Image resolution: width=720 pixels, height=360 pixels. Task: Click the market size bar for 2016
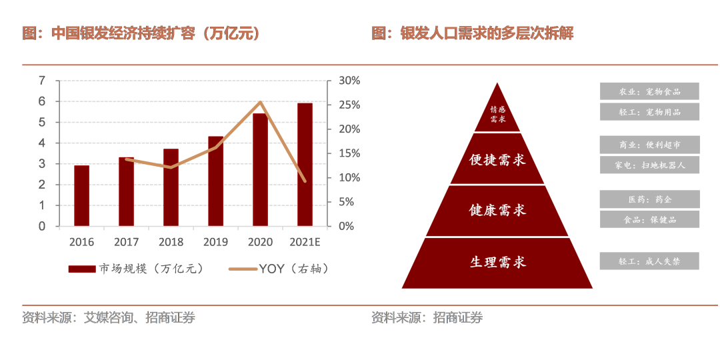[x=81, y=195]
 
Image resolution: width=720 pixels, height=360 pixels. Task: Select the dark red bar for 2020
[x=260, y=170]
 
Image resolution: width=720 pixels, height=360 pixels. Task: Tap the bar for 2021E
[x=305, y=165]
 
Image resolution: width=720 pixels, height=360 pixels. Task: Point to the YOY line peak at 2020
[x=260, y=102]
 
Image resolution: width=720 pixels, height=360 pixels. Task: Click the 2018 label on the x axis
[x=171, y=242]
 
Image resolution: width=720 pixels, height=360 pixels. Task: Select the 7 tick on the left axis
[x=42, y=81]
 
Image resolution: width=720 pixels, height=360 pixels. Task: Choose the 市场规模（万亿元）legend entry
[x=137, y=269]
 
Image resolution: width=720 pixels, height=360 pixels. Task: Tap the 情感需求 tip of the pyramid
[x=497, y=114]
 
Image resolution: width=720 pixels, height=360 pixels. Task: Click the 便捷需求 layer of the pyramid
[x=497, y=160]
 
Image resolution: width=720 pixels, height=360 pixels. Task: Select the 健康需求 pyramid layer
[x=497, y=211]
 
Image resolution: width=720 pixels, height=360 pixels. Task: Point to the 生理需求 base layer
[x=497, y=262]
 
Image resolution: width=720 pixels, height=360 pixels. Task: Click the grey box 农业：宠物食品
[x=649, y=91]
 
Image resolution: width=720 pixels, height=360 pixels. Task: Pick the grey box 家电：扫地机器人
[x=649, y=165]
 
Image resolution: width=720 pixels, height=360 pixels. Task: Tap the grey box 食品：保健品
[x=649, y=219]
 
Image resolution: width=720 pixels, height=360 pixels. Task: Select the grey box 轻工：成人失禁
[x=649, y=261]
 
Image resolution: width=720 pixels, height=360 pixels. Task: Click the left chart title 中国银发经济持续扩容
[x=141, y=33]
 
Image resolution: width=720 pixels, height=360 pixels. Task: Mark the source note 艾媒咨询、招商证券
[x=108, y=318]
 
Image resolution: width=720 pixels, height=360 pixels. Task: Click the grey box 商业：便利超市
[x=649, y=145]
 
